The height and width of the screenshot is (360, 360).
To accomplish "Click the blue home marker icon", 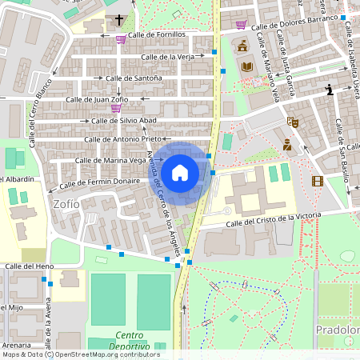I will tap(180, 172).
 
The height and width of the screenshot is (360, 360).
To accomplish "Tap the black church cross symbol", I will tap(120, 20).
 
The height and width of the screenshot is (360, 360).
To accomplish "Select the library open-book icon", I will tap(247, 66).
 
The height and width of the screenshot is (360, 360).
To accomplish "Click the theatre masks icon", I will tap(294, 122).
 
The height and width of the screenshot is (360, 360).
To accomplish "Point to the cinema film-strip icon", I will tap(318, 181).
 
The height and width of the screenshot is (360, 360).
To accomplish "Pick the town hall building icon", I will tap(242, 45).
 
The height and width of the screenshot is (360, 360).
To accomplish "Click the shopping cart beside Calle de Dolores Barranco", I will tap(241, 26).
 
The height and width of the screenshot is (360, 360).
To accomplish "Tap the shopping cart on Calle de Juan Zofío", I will tap(117, 108).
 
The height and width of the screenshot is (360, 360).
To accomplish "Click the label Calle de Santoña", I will tap(132, 78).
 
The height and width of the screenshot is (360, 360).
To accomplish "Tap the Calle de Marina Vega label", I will tap(110, 161).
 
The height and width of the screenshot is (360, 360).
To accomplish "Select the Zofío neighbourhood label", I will tap(66, 204).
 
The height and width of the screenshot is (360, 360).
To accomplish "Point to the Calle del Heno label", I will tap(30, 266).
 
